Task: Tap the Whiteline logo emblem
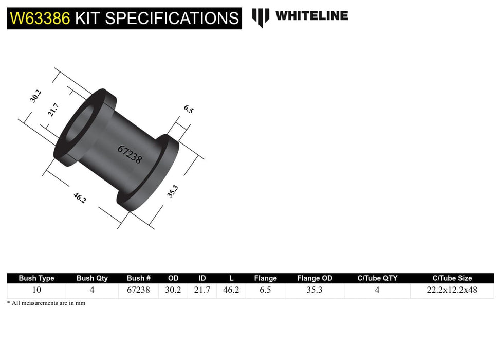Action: click(261, 17)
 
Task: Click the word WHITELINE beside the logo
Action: click(311, 16)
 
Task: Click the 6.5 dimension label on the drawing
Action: click(188, 109)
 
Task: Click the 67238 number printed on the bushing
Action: click(130, 154)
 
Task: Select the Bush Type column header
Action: click(36, 278)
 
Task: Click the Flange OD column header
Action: click(315, 278)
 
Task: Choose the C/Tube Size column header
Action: click(452, 278)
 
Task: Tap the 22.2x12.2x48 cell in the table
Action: click(452, 290)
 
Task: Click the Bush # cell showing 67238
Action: click(138, 290)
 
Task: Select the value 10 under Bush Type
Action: click(36, 290)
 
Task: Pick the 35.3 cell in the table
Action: click(315, 290)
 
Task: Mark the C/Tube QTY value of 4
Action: click(377, 290)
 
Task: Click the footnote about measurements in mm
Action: click(46, 303)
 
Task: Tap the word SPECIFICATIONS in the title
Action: click(172, 19)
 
